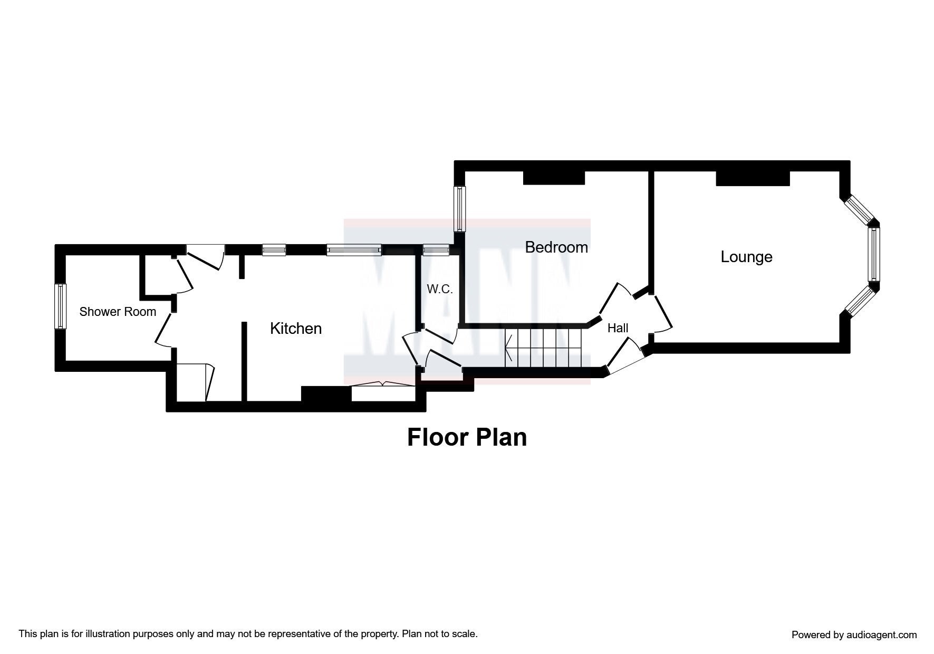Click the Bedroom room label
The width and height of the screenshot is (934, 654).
click(x=556, y=247)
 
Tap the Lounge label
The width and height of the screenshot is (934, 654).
click(x=746, y=257)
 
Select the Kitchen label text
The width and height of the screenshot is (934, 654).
click(x=296, y=329)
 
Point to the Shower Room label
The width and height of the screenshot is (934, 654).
click(x=118, y=312)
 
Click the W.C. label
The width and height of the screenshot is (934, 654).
click(x=440, y=289)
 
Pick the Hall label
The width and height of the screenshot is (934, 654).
click(x=618, y=328)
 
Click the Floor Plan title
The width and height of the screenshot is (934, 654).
click(x=467, y=437)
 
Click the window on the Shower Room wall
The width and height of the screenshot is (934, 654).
click(x=61, y=306)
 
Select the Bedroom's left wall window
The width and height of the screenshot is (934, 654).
click(x=460, y=209)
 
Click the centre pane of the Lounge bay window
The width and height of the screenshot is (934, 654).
click(x=874, y=254)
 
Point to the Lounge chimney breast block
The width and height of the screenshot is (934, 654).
click(x=753, y=178)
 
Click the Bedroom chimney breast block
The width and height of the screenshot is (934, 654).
click(x=554, y=177)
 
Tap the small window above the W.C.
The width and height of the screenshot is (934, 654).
click(x=436, y=250)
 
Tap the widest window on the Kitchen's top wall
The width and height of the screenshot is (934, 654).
click(x=353, y=250)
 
